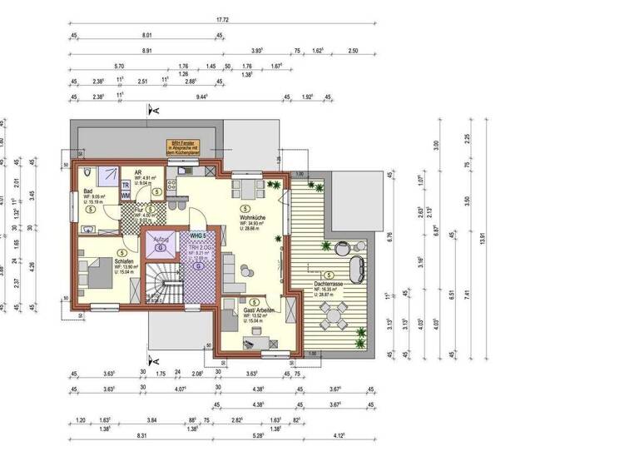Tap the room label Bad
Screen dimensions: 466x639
tap(87, 192)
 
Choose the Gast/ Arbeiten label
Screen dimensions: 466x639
tap(258, 310)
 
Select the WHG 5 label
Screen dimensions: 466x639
tap(197, 235)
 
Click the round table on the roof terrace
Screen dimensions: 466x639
tap(333, 314)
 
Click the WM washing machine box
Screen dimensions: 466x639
tap(126, 196)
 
